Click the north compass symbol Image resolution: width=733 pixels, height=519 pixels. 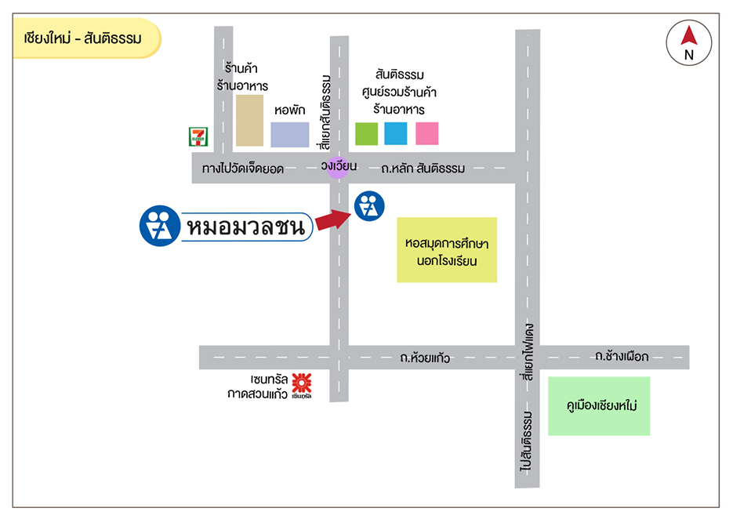pyautogui.click(x=689, y=42)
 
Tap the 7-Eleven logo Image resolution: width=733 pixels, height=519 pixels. pyautogui.click(x=197, y=136)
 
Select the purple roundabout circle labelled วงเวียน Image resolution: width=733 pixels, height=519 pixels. pyautogui.click(x=338, y=167)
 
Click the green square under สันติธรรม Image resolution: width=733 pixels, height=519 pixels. pyautogui.click(x=366, y=134)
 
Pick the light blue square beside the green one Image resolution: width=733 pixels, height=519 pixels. pyautogui.click(x=396, y=134)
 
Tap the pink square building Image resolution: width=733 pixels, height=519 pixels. pyautogui.click(x=426, y=134)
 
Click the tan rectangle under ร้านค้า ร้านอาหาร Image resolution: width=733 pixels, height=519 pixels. pyautogui.click(x=249, y=121)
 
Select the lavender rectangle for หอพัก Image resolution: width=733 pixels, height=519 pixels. pyautogui.click(x=290, y=135)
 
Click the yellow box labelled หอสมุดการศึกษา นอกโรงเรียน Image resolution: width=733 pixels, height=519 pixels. pyautogui.click(x=447, y=249)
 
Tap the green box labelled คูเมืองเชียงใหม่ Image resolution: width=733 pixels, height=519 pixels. pyautogui.click(x=599, y=406)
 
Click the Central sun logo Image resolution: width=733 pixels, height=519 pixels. pyautogui.click(x=301, y=384)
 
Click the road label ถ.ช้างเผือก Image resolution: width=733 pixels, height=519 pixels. pyautogui.click(x=622, y=357)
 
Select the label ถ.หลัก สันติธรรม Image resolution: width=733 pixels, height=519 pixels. pyautogui.click(x=423, y=169)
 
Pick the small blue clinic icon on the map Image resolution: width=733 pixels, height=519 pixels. pyautogui.click(x=368, y=207)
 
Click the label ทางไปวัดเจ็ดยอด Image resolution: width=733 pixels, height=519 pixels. pyautogui.click(x=241, y=169)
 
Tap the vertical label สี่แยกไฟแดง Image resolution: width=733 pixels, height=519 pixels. pyautogui.click(x=528, y=352)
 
